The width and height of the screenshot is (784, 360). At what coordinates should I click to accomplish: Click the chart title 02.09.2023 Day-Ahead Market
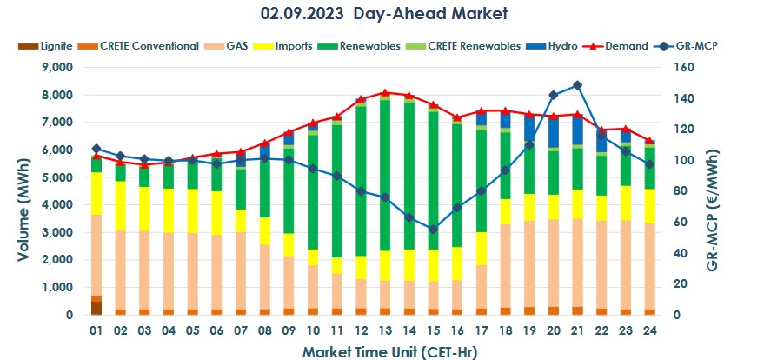[383, 14]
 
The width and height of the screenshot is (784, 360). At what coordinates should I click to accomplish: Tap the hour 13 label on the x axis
[384, 330]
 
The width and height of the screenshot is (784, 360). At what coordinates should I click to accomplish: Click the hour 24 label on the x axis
[648, 330]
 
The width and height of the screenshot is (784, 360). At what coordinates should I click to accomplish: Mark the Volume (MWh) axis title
[23, 191]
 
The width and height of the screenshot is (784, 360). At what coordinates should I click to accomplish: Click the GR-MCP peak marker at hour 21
[576, 85]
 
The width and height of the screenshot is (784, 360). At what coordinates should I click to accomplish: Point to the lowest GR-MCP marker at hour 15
[432, 229]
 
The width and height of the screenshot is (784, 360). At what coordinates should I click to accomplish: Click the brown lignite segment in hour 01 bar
[96, 308]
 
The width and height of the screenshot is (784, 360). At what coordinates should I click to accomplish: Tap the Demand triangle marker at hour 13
[384, 92]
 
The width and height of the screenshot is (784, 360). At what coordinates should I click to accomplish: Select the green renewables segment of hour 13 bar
[384, 174]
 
